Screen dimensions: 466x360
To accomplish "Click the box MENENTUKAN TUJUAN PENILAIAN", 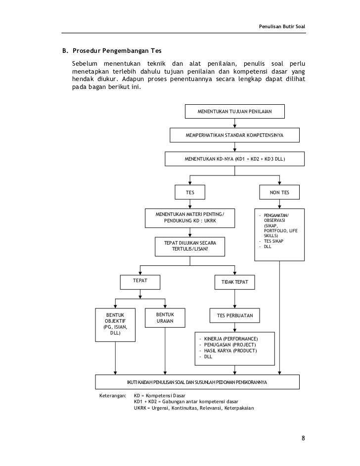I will tap(234, 112).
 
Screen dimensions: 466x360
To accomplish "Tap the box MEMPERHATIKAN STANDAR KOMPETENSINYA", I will tap(234, 135).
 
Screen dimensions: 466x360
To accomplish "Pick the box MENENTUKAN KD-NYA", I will tap(234, 159).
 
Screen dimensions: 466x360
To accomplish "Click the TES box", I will tap(190, 192).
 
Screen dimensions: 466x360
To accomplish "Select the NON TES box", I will tap(279, 192).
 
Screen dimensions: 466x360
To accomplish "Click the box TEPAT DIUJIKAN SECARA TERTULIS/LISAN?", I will tap(190, 246).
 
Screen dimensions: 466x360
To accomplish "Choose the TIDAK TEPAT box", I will tap(234, 282).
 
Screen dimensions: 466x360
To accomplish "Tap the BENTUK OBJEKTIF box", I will tap(115, 324).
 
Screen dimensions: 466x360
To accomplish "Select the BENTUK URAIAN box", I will tap(165, 318).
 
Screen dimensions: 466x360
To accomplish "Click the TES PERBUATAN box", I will tap(234, 315).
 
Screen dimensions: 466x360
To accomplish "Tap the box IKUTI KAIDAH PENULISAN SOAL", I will tap(197, 382).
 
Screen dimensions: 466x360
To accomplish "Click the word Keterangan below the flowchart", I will tap(113, 396).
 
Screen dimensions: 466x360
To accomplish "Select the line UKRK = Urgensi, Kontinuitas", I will tap(193, 408).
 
